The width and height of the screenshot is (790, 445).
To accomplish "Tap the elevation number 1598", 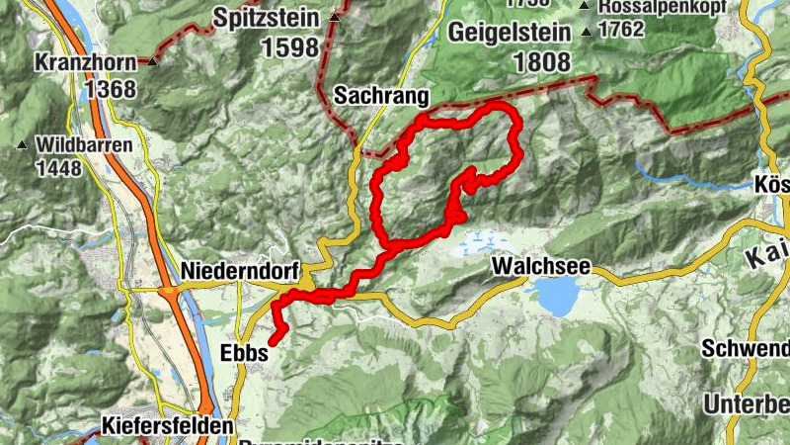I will point(291,46).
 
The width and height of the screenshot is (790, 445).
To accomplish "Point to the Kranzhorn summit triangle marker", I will point(153,61).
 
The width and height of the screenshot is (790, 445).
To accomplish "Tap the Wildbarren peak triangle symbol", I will point(22,145).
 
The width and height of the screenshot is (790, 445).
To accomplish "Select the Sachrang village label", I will point(381,96).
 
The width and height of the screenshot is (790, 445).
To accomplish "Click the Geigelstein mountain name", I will point(510,33).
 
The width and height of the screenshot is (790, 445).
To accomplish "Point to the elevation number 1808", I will point(540,61).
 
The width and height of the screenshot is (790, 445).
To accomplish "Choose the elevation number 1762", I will point(620,29).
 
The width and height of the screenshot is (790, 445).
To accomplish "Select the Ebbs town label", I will point(241,354).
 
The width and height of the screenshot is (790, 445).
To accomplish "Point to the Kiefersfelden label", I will point(168,427).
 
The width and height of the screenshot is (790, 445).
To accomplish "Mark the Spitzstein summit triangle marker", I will point(337,18).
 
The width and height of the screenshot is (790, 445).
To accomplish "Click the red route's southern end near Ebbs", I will point(273,342).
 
